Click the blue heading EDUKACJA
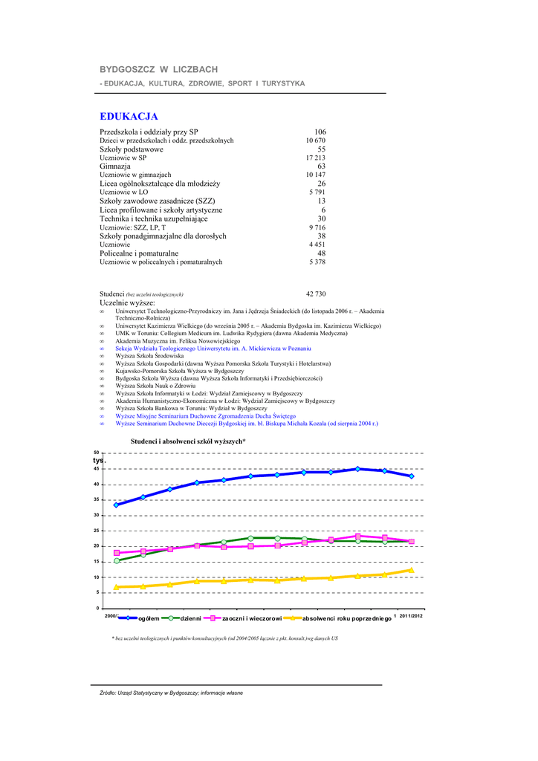(129, 117)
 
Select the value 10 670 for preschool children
(315, 140)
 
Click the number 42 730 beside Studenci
(316, 294)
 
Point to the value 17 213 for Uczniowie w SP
(315, 158)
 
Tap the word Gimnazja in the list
(115, 166)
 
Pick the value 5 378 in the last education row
(317, 262)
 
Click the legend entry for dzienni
(196, 618)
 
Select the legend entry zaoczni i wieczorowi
(252, 618)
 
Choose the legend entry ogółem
(149, 618)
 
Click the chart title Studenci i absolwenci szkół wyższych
(188, 441)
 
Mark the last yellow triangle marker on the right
(411, 570)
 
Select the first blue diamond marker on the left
(117, 505)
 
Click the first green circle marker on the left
(117, 560)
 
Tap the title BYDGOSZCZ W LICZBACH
(159, 69)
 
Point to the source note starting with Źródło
(171, 693)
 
